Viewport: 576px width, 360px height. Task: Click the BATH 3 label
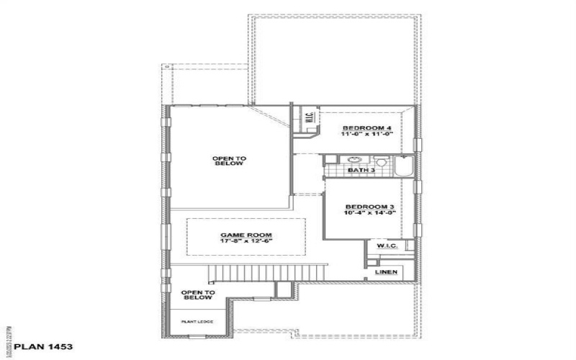pyautogui.click(x=361, y=171)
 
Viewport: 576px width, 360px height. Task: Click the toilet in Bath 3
pyautogui.click(x=381, y=162)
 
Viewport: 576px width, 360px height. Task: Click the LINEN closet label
pyautogui.click(x=384, y=273)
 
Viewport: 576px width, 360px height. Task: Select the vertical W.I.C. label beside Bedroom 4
pyautogui.click(x=307, y=118)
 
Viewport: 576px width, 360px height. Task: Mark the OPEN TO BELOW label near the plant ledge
pyautogui.click(x=197, y=294)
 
